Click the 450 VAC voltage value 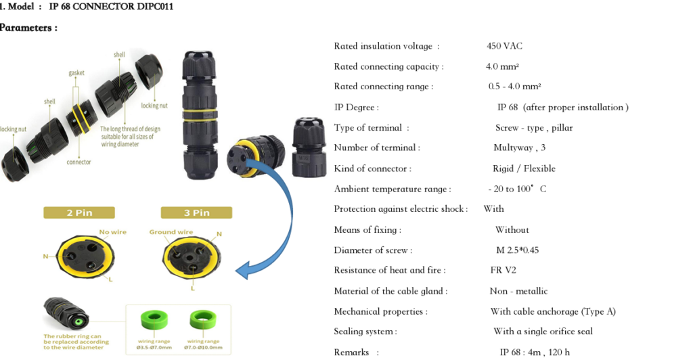504,46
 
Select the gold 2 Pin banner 79,212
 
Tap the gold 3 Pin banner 196,212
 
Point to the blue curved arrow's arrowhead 244,270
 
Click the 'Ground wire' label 171,232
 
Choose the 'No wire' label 113,232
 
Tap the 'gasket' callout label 76,73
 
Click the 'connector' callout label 79,162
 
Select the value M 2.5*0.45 518,250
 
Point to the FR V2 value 503,270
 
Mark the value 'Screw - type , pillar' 534,128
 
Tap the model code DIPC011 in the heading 155,7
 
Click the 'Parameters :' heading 28,28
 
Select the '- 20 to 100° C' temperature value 517,189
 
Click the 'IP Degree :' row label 356,108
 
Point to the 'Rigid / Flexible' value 524,168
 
